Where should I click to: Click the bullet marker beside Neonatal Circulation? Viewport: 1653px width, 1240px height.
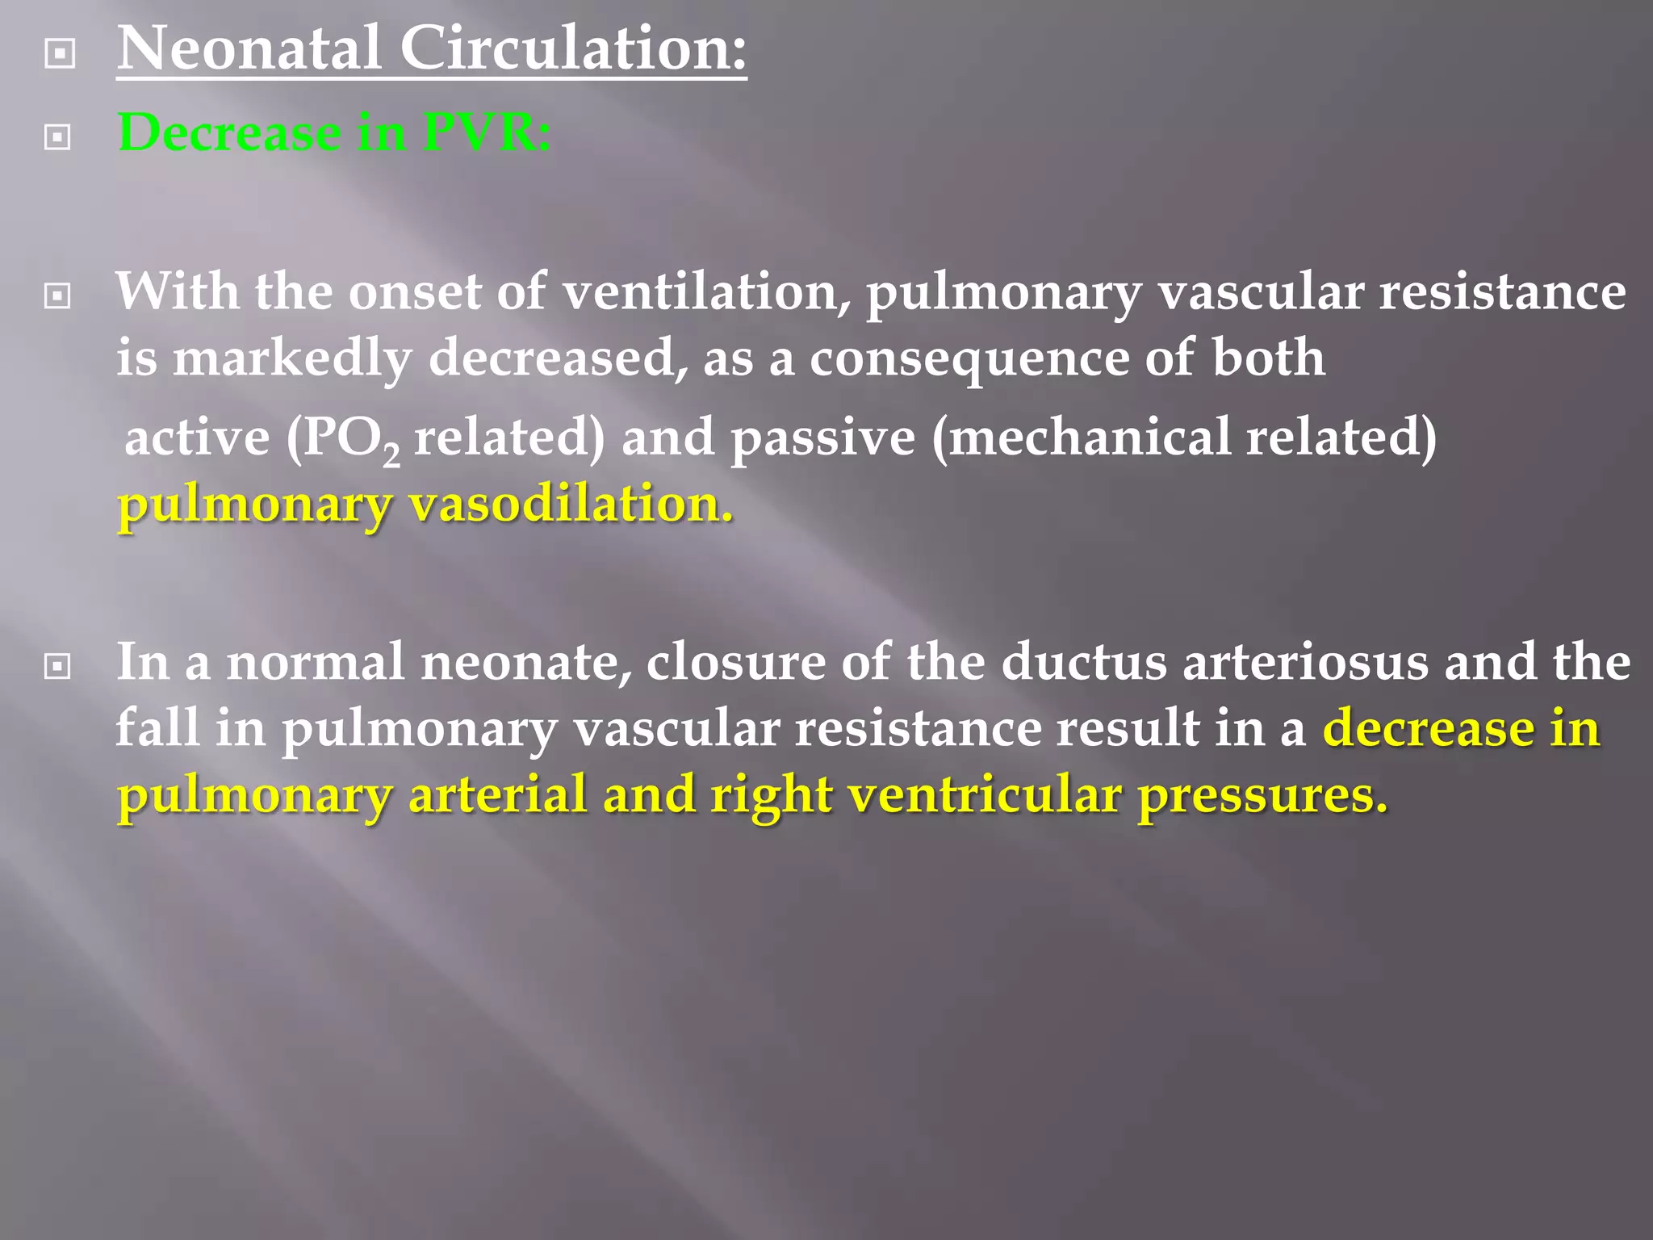[x=61, y=54]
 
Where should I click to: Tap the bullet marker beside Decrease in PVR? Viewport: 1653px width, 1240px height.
[x=57, y=137]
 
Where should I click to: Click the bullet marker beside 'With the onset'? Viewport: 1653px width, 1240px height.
[x=57, y=296]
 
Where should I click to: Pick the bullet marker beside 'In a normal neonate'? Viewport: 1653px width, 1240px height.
[x=57, y=667]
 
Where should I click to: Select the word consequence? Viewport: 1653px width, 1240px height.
[x=969, y=358]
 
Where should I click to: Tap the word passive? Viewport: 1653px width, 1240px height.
[x=822, y=439]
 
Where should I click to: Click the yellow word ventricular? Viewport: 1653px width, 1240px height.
[x=985, y=795]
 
